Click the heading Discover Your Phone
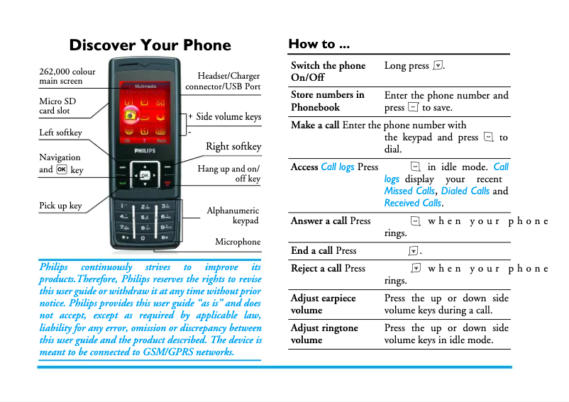(x=150, y=45)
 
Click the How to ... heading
(x=319, y=44)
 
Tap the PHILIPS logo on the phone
(x=144, y=151)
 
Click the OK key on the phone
(x=145, y=175)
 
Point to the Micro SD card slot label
(x=57, y=106)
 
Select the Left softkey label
(x=60, y=133)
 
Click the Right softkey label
(x=233, y=147)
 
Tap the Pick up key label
(x=60, y=206)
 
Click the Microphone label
(x=238, y=242)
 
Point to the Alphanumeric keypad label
(x=233, y=216)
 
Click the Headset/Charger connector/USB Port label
(x=223, y=81)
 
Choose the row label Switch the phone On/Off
(x=328, y=71)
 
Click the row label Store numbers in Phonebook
(x=327, y=101)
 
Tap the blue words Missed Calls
(x=409, y=191)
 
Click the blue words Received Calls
(x=412, y=203)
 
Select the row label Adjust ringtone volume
(x=324, y=334)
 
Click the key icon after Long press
(x=438, y=66)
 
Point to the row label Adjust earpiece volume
(x=323, y=304)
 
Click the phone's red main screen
(x=145, y=113)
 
